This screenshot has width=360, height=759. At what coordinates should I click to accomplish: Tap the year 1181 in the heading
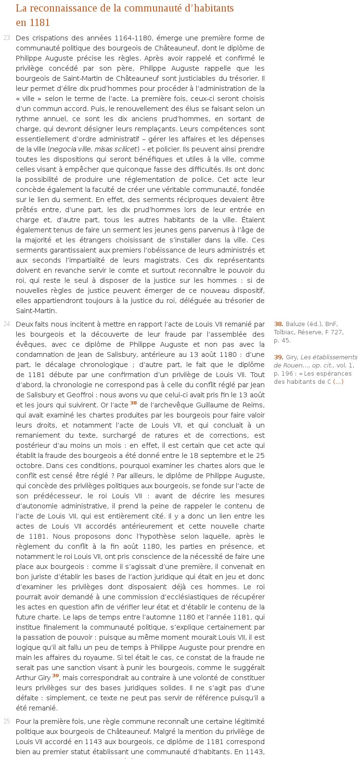[x=39, y=23]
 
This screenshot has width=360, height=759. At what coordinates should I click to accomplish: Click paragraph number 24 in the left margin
[x=7, y=324]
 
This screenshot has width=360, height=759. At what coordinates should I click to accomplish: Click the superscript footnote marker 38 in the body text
[x=134, y=403]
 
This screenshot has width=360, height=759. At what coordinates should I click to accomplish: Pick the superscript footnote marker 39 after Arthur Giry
[x=55, y=676]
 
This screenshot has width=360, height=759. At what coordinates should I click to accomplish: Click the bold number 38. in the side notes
[x=279, y=324]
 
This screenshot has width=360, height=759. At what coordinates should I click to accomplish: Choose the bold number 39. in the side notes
[x=279, y=357]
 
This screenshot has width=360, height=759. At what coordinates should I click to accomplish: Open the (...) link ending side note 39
[x=338, y=382]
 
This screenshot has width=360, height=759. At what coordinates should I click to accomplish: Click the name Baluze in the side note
[x=296, y=324]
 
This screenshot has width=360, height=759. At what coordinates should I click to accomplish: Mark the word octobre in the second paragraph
[x=29, y=466]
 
